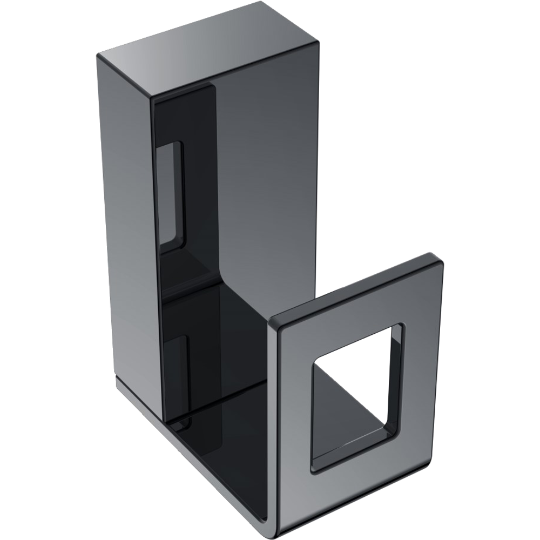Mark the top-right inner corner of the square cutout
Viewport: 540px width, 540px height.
tap(401, 327)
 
